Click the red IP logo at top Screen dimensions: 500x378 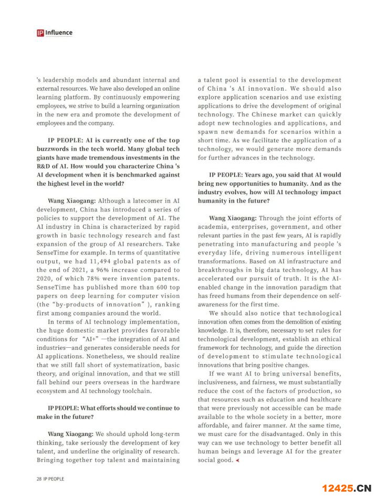point(40,33)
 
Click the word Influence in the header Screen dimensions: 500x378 point(59,33)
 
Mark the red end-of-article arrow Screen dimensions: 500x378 point(237,460)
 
